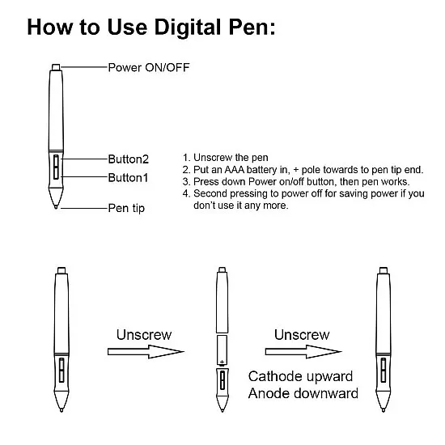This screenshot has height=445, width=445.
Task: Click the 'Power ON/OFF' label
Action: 150,67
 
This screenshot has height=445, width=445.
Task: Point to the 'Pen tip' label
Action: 127,209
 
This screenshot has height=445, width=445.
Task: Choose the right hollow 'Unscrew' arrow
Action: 301,351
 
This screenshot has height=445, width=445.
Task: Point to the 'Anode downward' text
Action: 303,394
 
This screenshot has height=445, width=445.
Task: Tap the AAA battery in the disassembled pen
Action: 221,350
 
